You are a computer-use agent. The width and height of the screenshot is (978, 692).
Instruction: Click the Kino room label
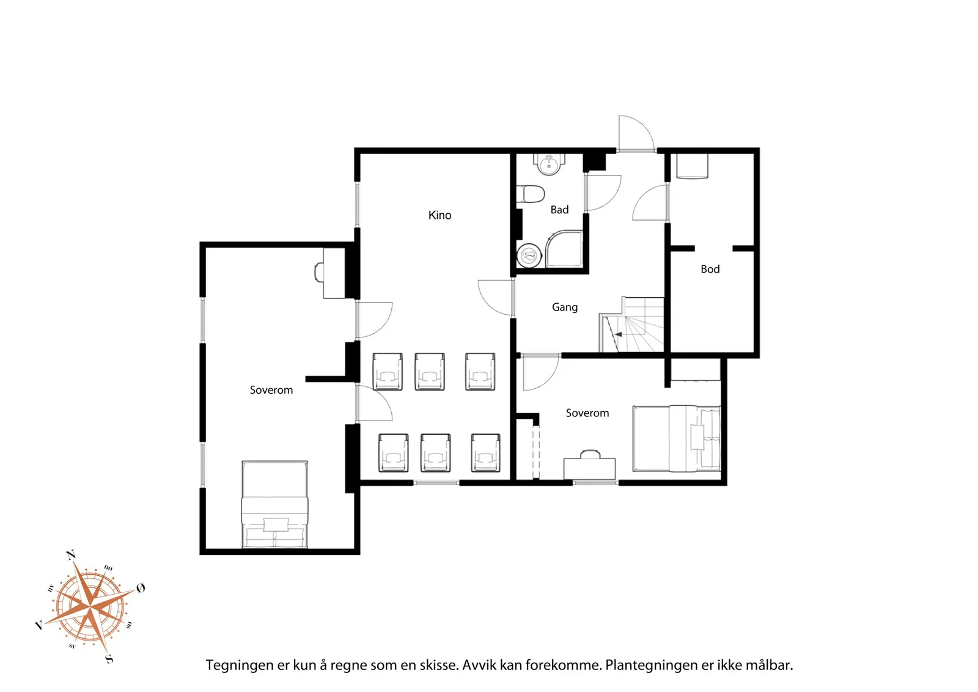click(x=439, y=215)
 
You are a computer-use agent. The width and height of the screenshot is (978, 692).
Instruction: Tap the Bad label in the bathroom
click(x=559, y=210)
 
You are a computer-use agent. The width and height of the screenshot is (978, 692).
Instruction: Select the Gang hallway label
click(x=565, y=308)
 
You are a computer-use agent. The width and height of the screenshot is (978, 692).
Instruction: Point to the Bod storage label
click(x=710, y=270)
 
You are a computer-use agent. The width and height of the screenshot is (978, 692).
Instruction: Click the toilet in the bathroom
click(x=531, y=194)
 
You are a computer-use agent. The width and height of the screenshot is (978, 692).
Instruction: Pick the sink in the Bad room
click(x=549, y=164)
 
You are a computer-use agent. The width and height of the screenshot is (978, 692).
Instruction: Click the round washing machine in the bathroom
click(x=529, y=256)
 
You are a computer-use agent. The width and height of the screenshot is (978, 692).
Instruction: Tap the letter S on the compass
click(x=109, y=658)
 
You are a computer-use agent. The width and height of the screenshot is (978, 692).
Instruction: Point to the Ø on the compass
click(x=141, y=588)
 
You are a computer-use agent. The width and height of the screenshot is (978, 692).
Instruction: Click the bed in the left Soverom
click(x=274, y=504)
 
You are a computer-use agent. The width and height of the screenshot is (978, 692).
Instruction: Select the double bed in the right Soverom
click(x=676, y=438)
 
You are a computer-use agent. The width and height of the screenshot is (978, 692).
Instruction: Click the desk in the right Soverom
click(x=589, y=469)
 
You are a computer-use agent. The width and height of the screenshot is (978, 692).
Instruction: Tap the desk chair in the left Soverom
click(x=318, y=273)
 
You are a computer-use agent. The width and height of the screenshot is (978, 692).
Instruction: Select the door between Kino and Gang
click(x=496, y=297)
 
